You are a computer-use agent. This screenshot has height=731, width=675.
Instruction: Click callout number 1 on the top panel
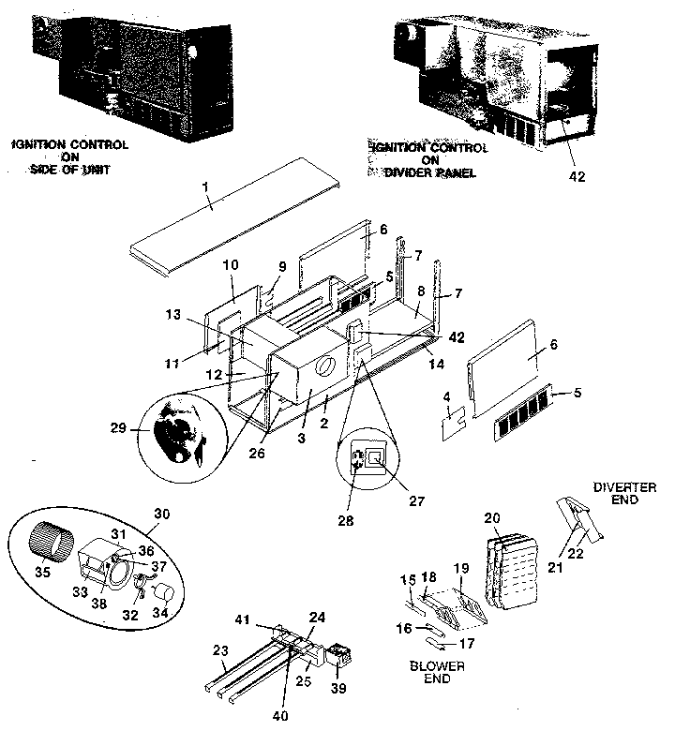click(203, 189)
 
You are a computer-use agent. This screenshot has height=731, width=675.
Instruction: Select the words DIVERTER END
click(624, 493)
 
